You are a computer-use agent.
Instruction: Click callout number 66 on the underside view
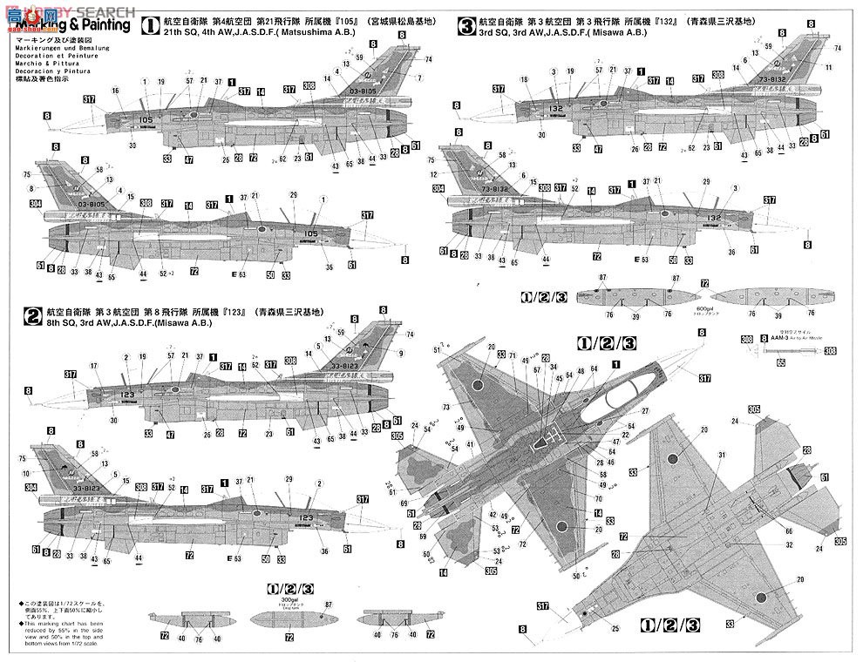pos(789,530)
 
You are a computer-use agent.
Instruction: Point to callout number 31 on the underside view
pos(722,456)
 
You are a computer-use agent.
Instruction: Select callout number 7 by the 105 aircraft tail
pos(419,78)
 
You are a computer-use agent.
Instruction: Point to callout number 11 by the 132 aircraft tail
pos(828,67)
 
